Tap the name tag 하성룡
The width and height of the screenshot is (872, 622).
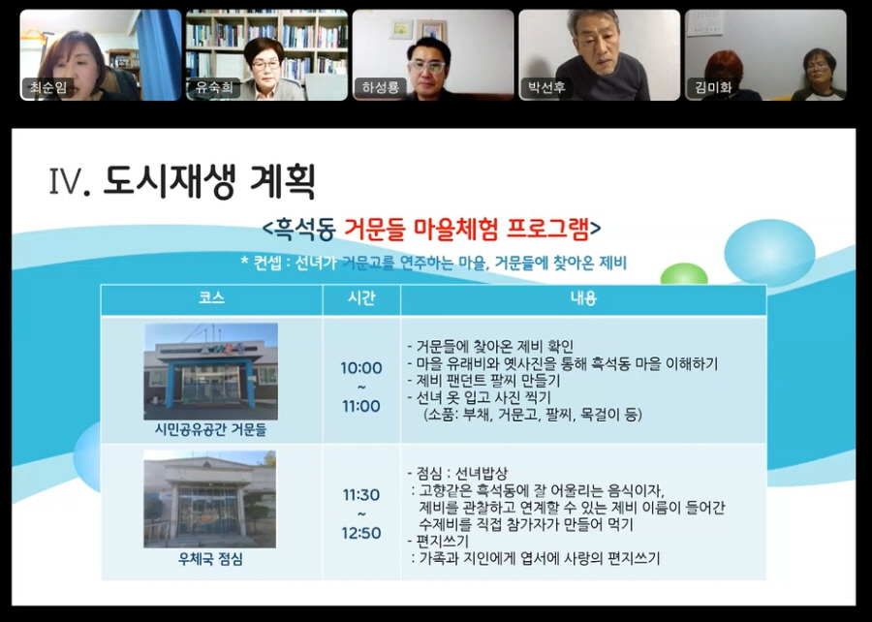point(379,88)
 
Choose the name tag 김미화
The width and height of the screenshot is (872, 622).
point(712,88)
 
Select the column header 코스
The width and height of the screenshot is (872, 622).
point(211,298)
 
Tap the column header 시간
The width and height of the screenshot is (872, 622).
point(360,298)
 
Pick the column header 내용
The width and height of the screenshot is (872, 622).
point(583,298)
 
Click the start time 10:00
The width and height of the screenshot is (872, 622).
point(360,368)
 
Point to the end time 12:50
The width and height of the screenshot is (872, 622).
point(360,533)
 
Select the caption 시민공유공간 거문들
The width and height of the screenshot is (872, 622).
point(210,428)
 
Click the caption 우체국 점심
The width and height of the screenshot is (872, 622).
point(210,560)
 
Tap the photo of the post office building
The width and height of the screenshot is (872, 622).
point(210,500)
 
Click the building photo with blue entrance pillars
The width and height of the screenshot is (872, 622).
point(210,371)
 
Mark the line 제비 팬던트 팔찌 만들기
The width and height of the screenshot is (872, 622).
point(488,381)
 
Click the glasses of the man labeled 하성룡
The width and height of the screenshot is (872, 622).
point(426,66)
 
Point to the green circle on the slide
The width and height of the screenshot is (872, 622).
point(684,274)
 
